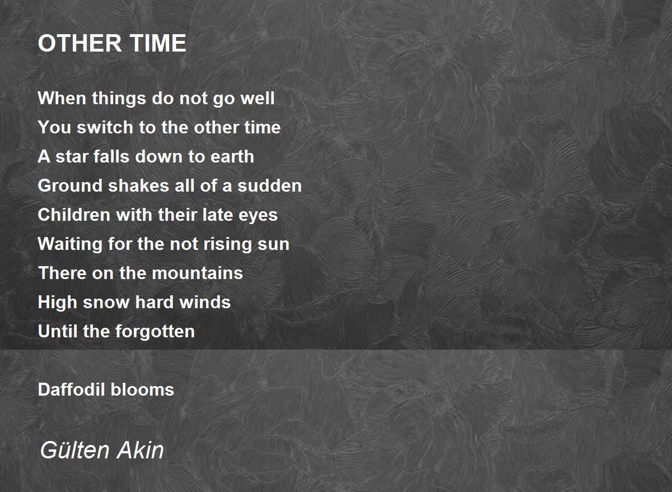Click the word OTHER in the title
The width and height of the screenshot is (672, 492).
coord(80,43)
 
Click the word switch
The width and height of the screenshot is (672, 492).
coord(105,127)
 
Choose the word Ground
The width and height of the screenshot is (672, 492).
coord(70,185)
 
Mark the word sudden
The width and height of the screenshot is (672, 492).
coord(269,185)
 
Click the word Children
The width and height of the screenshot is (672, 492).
coord(74,215)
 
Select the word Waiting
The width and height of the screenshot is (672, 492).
coord(70,244)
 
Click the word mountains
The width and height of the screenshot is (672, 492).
coord(197,273)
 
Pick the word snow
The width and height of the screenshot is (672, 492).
coord(106,303)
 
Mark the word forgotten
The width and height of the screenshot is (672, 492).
coord(155,332)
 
